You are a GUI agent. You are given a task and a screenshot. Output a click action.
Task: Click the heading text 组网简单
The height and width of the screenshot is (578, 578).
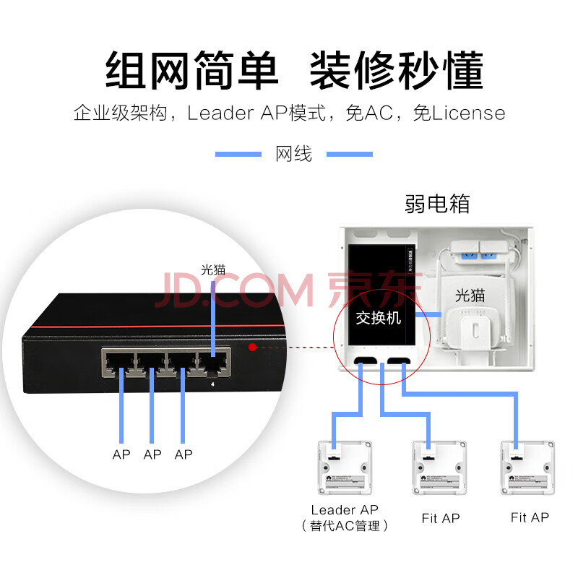[x=191, y=70]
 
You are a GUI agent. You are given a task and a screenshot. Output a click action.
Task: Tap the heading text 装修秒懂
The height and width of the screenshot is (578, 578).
[x=396, y=70]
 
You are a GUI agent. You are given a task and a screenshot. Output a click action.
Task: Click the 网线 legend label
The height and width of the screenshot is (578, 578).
[x=294, y=154]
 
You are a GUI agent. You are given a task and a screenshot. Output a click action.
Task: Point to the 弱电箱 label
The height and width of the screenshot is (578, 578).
[x=437, y=204]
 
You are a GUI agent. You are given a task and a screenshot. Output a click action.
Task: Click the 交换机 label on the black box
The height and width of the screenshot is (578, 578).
[x=378, y=318]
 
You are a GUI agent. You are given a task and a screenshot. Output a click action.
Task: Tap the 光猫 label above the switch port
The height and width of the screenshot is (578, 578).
[x=213, y=269]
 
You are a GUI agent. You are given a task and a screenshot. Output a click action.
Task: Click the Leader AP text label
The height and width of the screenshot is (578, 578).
[x=345, y=510]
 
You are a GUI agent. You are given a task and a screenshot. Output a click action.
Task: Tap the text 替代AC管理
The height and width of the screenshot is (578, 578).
[x=345, y=526]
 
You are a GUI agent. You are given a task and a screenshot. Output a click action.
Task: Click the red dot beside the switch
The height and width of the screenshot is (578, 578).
[x=252, y=347]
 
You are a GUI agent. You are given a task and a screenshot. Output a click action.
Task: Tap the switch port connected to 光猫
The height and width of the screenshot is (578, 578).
[x=214, y=364]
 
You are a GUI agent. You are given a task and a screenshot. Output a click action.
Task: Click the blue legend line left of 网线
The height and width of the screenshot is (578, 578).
[x=238, y=154]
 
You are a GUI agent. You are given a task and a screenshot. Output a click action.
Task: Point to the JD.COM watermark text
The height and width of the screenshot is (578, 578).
[x=238, y=290]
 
